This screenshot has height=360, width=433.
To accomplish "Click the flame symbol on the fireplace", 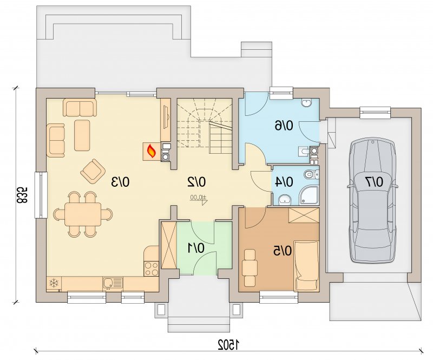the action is (152, 151).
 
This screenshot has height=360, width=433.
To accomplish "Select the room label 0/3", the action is (120, 182).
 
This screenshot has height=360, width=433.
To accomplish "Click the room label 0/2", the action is (196, 182).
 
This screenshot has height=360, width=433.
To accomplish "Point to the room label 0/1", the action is (196, 248).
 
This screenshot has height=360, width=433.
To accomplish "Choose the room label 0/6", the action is (284, 126).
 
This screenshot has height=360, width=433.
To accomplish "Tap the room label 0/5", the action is (283, 251).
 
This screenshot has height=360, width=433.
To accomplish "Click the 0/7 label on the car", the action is (375, 181).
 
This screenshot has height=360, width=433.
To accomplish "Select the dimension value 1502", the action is (228, 344).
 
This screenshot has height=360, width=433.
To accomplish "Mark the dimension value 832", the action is (22, 194).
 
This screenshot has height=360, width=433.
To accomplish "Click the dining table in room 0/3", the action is (83, 214).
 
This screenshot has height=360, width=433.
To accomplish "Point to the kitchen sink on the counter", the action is (113, 283).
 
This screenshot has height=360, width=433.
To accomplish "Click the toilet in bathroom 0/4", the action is (311, 174).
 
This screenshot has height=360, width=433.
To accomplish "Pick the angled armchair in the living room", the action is (93, 171).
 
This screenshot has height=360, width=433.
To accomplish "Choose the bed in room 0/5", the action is (306, 265).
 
